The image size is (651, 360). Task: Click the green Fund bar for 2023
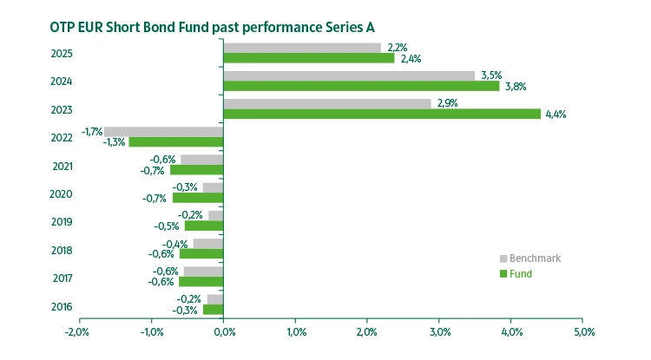point(382,114)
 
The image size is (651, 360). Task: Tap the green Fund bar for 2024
point(361,86)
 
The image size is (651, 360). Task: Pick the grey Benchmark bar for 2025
point(302,48)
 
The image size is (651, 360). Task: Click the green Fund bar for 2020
point(198,198)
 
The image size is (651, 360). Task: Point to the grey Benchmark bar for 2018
point(208,244)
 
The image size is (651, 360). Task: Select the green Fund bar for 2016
point(213,310)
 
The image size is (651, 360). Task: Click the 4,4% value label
point(556,115)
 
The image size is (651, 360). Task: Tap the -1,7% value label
point(92,131)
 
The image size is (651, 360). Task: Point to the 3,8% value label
point(515,87)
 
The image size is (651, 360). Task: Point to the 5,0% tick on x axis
point(583,332)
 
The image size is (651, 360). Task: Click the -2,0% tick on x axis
point(77,332)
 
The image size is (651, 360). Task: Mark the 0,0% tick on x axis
point(223,332)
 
